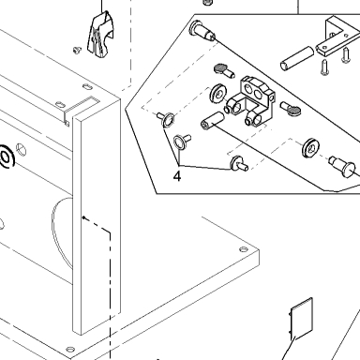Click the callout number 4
pos(177,176)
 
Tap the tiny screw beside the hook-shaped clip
pos(77,50)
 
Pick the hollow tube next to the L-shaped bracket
pos(297,58)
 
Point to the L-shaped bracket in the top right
pos(340,37)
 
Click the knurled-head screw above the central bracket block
pos(224,71)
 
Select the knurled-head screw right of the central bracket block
pos(291,108)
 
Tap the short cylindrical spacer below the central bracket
pos(212,121)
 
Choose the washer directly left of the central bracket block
pos(217,94)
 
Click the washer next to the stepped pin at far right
pos(310,147)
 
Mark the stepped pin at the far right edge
pos(342,166)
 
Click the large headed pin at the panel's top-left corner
pos(202,31)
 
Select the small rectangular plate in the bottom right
pos(302,319)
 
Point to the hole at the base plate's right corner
pos(244,249)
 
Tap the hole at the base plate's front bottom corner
pos(70,349)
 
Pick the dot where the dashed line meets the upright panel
pos(83,217)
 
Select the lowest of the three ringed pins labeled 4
pos(239,164)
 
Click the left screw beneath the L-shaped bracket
pos(325,67)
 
